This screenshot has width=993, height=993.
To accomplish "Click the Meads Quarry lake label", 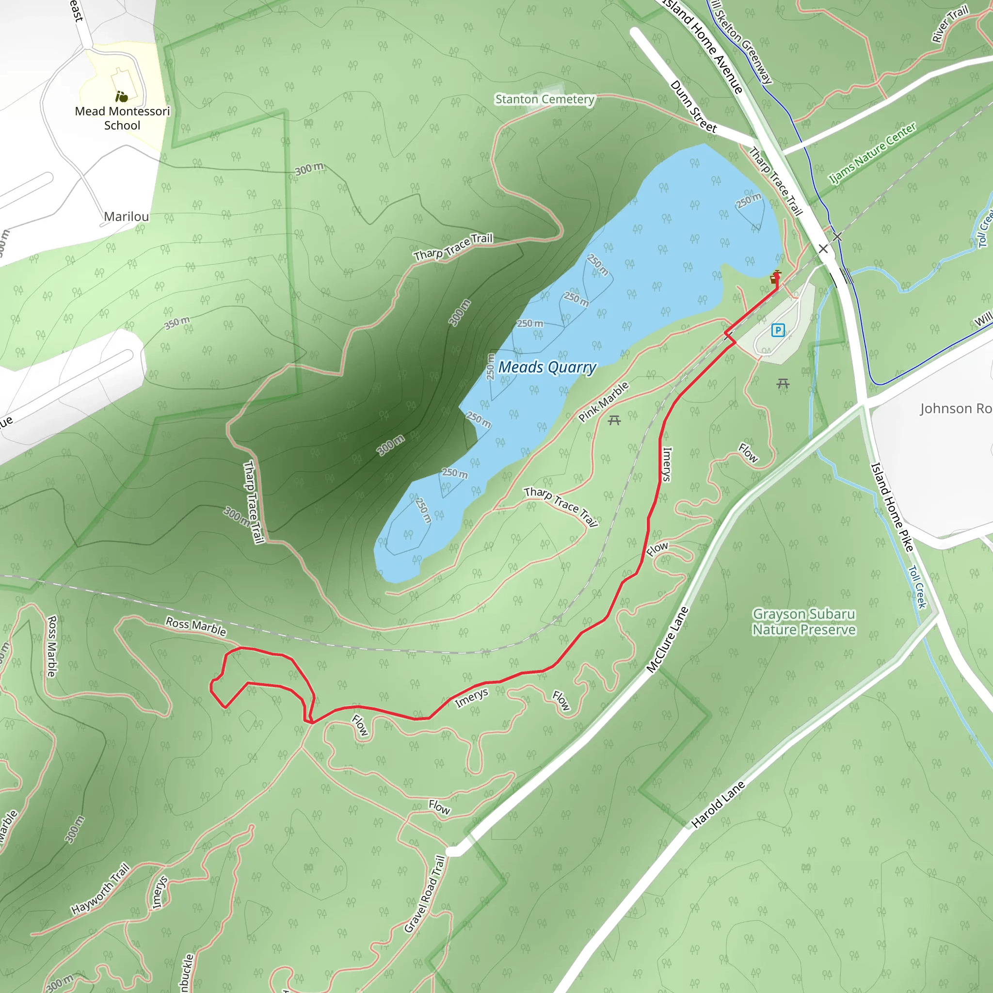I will point(547,368).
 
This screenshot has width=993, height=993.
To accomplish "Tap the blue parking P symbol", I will point(778,330).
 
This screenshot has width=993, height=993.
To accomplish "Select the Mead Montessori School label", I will point(122,118).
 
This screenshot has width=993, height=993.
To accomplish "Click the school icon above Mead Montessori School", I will point(122,96).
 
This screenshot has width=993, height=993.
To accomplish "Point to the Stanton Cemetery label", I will point(545,99).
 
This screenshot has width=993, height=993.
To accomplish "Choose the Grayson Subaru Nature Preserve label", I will point(804,622).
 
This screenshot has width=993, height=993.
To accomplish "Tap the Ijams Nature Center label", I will point(873,153).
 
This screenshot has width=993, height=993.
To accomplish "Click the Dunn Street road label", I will point(693,106).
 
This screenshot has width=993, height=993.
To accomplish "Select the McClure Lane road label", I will point(667,640).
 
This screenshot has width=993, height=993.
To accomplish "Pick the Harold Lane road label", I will point(718,804).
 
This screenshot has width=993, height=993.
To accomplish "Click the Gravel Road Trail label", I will point(425,894).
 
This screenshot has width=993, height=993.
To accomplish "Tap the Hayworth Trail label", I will point(101,889).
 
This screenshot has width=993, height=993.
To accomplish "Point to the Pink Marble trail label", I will point(603,402).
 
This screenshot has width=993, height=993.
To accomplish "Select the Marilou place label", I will point(127,216).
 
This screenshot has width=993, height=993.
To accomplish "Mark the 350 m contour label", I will point(177,323).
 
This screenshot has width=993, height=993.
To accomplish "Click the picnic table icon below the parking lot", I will point(783,383).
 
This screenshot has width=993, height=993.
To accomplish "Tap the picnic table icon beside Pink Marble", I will point(614,421).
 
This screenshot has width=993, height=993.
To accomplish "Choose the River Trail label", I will point(950,24).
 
